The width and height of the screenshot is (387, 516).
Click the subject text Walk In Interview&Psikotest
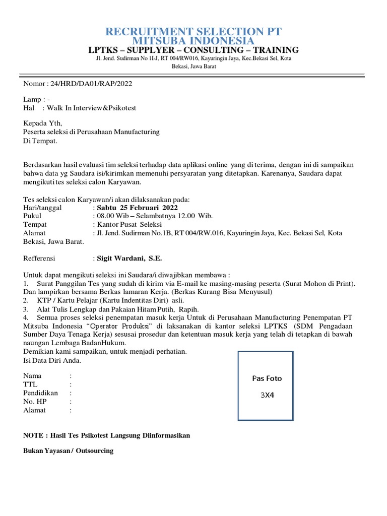click(x=92, y=108)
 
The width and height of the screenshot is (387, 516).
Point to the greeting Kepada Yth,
click(x=43, y=123)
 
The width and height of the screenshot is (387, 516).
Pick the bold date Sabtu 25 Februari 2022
click(x=137, y=208)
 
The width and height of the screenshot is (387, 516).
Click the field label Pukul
click(x=32, y=216)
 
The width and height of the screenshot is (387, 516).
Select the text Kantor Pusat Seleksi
click(x=126, y=225)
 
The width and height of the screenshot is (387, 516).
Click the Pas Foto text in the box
click(x=267, y=378)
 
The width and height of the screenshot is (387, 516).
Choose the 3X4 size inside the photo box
click(x=267, y=395)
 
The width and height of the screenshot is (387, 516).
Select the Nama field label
click(x=33, y=376)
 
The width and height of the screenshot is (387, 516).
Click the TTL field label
click(x=31, y=384)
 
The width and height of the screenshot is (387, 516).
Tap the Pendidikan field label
click(x=41, y=393)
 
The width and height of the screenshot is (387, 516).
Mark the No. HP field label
click(x=35, y=402)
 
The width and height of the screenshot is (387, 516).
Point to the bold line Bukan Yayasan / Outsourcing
click(x=69, y=451)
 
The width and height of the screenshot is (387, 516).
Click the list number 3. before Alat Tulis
click(x=26, y=309)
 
